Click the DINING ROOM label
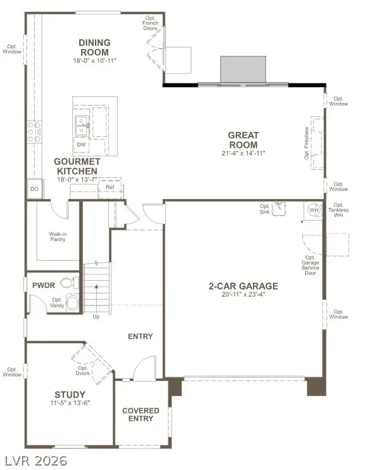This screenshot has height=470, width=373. coord(94,47)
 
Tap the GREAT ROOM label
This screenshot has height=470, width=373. coord(243,140)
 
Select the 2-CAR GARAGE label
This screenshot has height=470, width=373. coord(243,286)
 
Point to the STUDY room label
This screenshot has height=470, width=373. coord(70,395)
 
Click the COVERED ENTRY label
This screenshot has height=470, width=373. coord(141,415)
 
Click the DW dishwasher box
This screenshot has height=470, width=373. coord(81,145)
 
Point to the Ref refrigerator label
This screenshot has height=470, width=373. coord(110,187)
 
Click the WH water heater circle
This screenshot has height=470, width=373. coord(311,210)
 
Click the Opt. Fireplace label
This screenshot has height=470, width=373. coord(306,143)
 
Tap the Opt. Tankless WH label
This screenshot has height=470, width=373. coord(338,210)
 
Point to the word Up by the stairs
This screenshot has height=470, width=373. coord(96,317)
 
